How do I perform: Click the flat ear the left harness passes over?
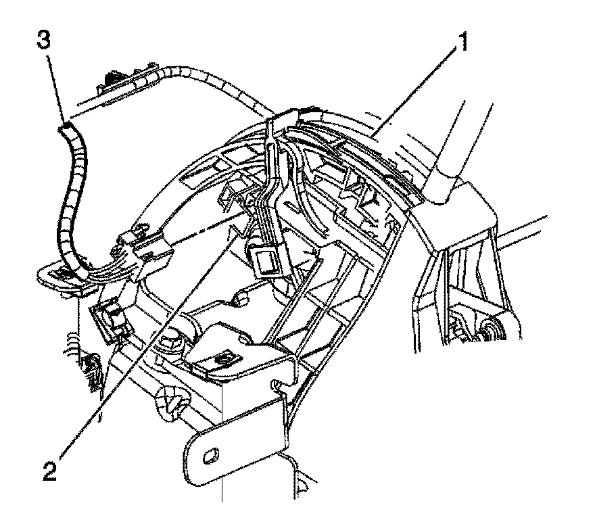coord(57,277)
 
